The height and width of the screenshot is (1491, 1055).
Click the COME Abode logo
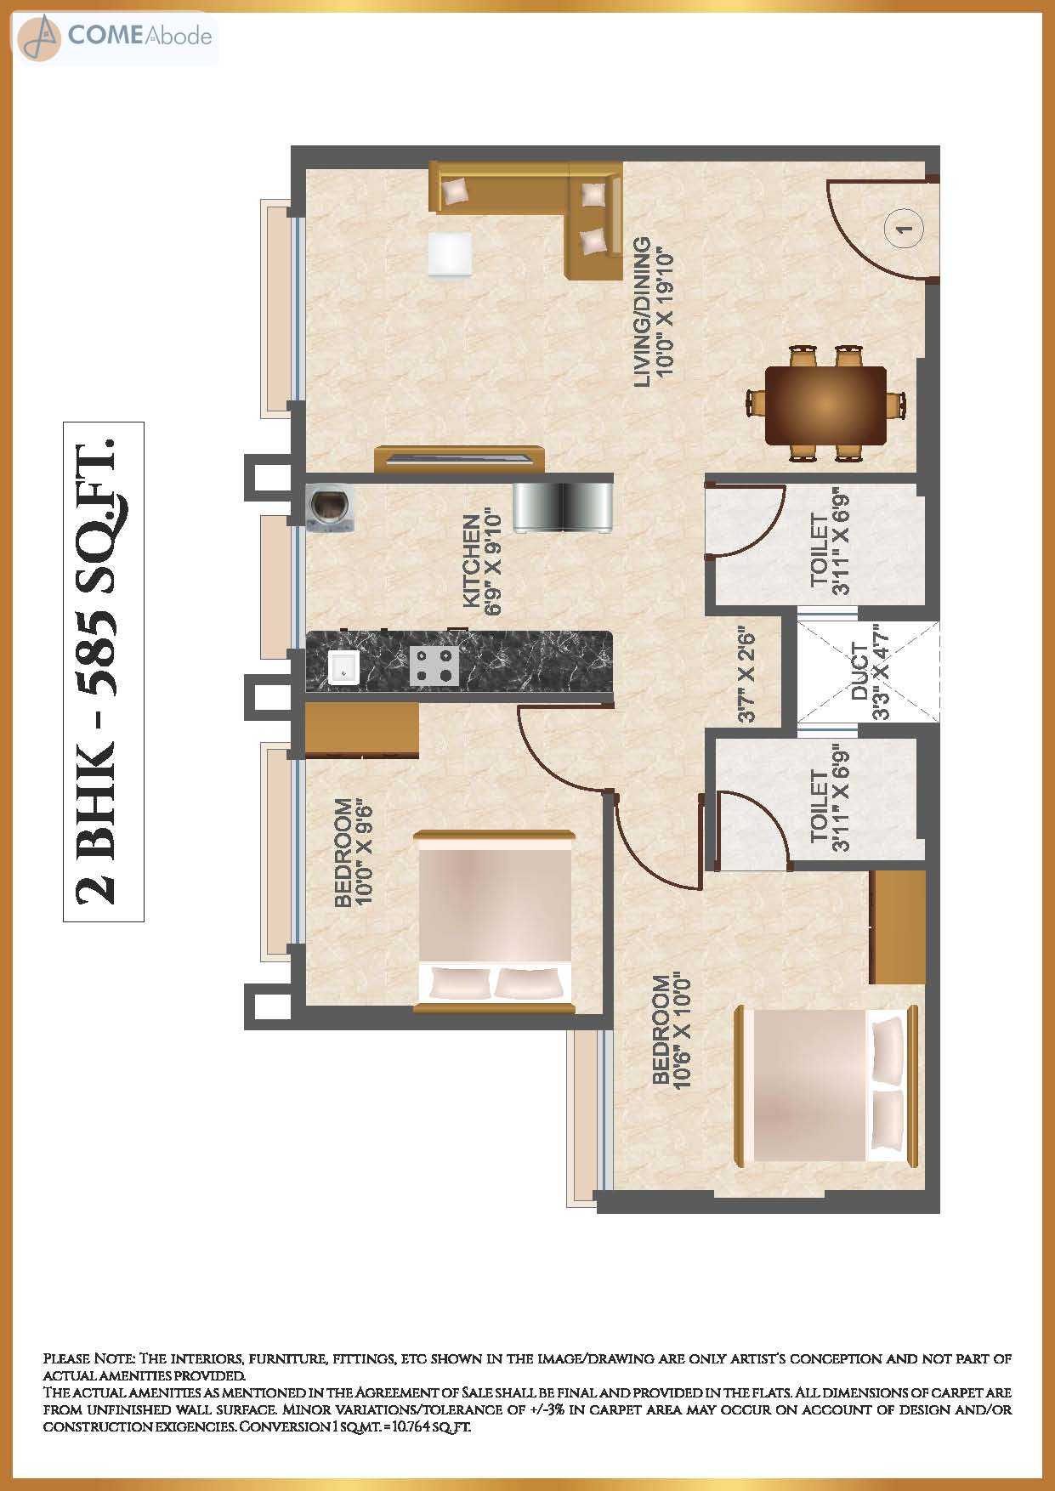click(x=115, y=37)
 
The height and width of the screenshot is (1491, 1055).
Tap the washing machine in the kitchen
click(x=331, y=508)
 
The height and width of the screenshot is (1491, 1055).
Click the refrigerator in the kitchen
click(x=563, y=507)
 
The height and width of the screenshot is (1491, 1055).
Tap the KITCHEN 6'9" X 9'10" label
click(x=481, y=560)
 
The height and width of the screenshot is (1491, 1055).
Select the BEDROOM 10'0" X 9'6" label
click(x=354, y=853)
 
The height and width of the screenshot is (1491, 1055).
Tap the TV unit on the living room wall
click(x=459, y=458)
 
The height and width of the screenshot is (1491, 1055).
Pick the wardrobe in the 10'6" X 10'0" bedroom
click(x=898, y=927)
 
